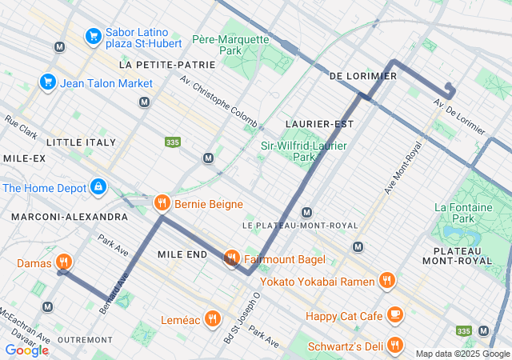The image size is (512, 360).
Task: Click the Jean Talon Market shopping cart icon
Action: tap(47, 82)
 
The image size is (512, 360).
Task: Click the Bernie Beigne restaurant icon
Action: tap(162, 203)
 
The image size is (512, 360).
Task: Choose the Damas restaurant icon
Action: tap(64, 262)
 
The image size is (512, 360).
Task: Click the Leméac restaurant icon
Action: tap(212, 318)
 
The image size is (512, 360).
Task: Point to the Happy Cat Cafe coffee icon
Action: tap(394, 316)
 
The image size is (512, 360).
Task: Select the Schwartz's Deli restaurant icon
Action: tap(394, 345)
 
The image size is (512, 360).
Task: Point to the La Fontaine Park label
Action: tap(462, 212)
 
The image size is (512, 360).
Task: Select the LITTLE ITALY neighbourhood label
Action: tap(81, 142)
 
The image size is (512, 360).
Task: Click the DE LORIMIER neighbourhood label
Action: tap(362, 76)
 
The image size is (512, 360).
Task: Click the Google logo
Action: tap(26, 350)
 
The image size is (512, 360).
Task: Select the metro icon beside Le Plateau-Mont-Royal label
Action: tap(306, 212)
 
